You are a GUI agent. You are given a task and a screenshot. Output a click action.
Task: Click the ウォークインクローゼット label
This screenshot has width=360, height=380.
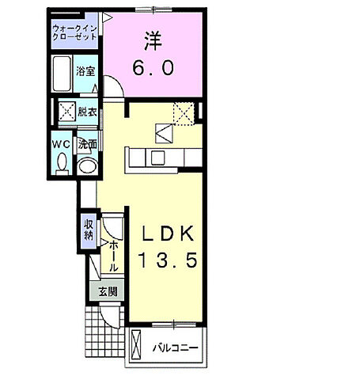[x=75, y=32]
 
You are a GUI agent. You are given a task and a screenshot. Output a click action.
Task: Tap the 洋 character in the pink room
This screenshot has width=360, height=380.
[x=153, y=41]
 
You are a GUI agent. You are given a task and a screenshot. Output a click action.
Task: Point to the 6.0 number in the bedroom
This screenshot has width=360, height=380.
[x=153, y=67]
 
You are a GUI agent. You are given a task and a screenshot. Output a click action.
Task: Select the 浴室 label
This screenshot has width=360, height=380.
[x=85, y=71]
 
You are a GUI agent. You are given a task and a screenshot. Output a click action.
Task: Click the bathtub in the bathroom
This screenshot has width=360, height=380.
[x=62, y=74]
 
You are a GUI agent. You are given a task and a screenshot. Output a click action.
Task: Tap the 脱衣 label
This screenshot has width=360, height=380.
[x=87, y=112]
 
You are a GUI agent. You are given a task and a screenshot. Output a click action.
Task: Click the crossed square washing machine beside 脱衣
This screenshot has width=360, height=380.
[x=67, y=112]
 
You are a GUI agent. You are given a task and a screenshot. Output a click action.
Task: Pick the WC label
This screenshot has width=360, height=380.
[x=61, y=144]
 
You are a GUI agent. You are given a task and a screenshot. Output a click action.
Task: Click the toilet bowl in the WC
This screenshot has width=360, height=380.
[x=63, y=164]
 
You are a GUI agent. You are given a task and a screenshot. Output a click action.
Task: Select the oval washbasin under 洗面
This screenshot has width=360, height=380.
[x=87, y=166]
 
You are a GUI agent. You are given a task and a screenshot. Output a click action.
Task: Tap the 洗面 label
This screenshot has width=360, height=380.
[x=87, y=144]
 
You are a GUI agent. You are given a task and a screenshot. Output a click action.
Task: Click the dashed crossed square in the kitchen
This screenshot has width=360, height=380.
[x=184, y=114]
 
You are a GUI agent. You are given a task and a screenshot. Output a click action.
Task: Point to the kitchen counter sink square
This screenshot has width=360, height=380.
[x=157, y=158]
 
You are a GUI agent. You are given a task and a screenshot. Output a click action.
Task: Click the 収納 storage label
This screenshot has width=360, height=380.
[x=89, y=230]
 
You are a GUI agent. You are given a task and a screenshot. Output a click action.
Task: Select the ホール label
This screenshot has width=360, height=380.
[x=113, y=256]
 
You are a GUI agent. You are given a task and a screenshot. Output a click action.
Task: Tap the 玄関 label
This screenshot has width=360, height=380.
[x=108, y=292]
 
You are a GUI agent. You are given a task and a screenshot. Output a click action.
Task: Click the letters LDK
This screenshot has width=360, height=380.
[x=168, y=234]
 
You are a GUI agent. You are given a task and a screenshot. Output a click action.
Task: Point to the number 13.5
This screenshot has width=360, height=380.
[x=168, y=260]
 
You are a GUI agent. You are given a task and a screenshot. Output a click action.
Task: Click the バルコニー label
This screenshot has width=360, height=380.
[x=175, y=348]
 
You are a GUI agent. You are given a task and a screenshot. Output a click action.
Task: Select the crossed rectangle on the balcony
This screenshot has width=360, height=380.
[x=136, y=344]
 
